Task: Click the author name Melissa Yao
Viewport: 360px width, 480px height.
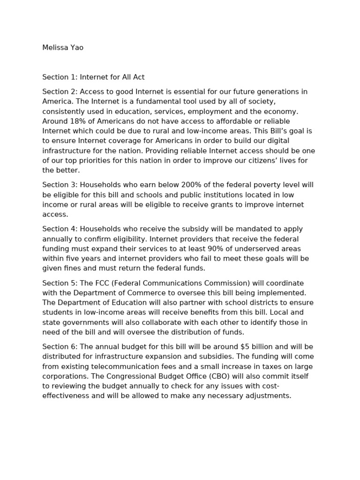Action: (63, 47)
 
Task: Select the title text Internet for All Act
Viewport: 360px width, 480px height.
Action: (116, 77)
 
